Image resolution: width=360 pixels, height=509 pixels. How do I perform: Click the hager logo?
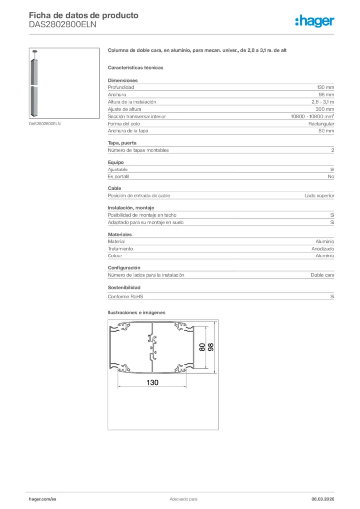pos(314,21)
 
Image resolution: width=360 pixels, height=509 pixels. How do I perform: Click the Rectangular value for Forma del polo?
pos(321,124)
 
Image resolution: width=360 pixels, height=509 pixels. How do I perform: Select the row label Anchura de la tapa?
pos(128,131)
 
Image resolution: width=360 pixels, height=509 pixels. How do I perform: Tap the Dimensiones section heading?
pos(123,80)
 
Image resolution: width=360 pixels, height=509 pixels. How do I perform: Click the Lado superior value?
pos(319,196)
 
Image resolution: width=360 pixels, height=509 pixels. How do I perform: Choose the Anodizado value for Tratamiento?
pos(323,249)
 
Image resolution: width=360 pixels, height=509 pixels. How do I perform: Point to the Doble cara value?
pos(322,275)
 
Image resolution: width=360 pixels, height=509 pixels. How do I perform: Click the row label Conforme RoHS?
pos(125,297)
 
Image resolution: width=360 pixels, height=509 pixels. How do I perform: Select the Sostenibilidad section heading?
pos(124,288)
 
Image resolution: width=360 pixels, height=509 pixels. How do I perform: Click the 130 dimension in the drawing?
pos(152,382)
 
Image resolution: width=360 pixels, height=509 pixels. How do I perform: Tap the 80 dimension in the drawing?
pos(202,347)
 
